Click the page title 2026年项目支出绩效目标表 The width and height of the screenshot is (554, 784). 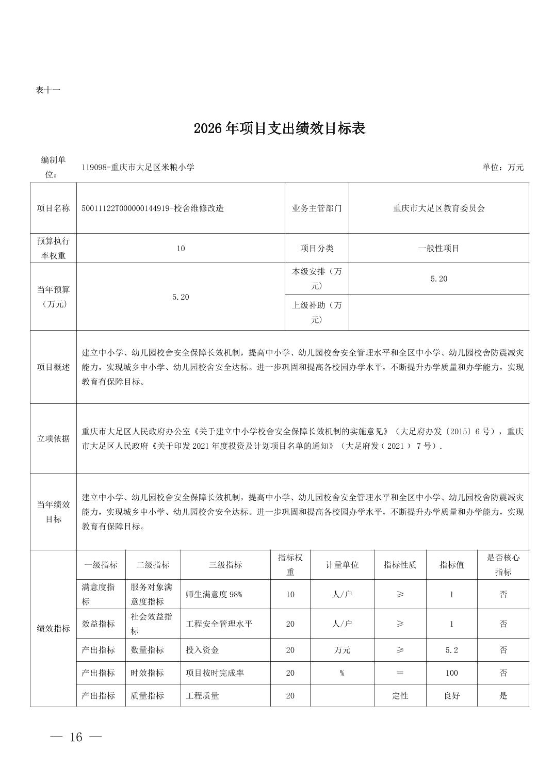tap(280, 128)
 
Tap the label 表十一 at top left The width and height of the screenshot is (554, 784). tap(48, 90)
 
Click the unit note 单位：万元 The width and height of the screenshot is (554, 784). tap(503, 167)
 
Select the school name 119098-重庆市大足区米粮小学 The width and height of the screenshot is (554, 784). tap(138, 167)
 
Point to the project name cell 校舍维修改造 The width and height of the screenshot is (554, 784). tap(153, 208)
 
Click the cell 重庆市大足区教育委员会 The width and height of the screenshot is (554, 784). tap(438, 208)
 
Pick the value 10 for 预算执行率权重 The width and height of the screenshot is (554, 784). tap(181, 249)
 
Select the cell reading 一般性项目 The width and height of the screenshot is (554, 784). tap(438, 249)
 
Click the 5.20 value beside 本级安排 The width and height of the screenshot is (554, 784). tap(438, 279)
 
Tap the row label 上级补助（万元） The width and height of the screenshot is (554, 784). tap(317, 312)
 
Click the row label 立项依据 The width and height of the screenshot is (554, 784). tap(53, 439)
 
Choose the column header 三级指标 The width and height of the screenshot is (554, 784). tap(225, 565)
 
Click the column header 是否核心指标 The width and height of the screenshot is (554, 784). tap(503, 565)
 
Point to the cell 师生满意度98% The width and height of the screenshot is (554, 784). tap(214, 594)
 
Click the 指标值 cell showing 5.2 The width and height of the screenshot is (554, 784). tap(451, 650)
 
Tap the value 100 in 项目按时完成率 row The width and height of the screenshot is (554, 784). tap(451, 673)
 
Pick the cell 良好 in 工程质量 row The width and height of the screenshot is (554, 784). tap(451, 696)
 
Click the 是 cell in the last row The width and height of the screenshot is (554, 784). tap(503, 696)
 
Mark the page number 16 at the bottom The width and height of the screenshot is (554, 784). tap(76, 737)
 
